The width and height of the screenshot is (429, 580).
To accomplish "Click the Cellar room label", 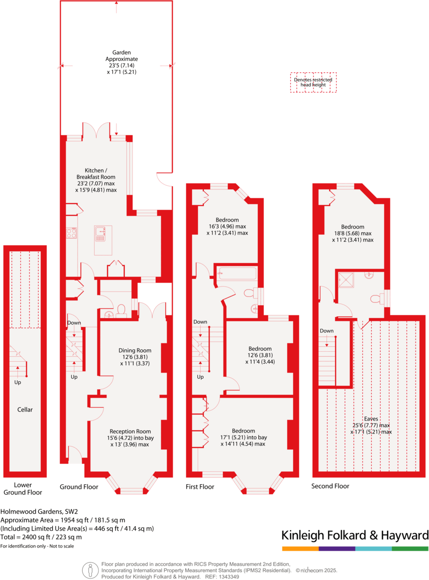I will [x=25, y=410].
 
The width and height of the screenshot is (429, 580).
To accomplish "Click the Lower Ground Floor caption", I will [x=23, y=489].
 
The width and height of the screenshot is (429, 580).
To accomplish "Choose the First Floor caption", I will [x=200, y=486].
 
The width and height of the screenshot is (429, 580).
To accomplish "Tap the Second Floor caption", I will [x=330, y=486].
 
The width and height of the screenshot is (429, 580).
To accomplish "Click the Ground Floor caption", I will [x=79, y=486].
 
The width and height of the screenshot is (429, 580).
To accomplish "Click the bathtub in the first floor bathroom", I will [x=236, y=274].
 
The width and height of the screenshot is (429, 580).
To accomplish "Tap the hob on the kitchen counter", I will [x=71, y=233].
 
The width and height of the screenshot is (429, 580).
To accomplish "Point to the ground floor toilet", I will [x=120, y=311].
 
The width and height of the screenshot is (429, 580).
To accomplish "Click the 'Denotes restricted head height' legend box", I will [x=313, y=82].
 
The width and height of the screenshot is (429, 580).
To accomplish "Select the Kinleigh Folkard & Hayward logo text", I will [x=354, y=536].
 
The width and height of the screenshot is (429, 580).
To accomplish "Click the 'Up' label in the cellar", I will [x=18, y=383].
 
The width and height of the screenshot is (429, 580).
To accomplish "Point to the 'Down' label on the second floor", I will [x=326, y=331].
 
